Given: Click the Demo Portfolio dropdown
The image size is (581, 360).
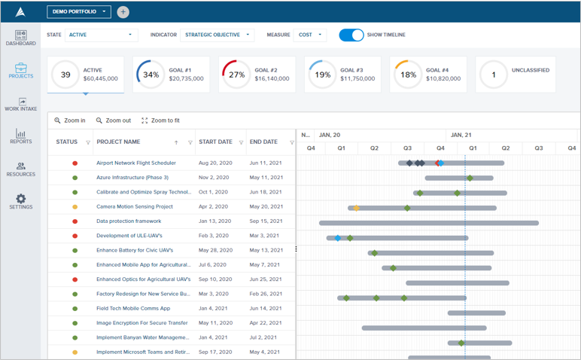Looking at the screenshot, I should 78,11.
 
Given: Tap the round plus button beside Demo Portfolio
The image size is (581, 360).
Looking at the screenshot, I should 123,11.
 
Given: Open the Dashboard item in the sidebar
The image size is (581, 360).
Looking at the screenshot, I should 21,38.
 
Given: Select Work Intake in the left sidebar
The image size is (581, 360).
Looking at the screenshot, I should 21,104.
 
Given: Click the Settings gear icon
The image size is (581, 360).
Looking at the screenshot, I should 21,200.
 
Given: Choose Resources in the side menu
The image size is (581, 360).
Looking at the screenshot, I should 21,169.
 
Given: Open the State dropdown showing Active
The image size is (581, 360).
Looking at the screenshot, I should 101,35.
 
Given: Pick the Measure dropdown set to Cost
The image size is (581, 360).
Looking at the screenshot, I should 310,35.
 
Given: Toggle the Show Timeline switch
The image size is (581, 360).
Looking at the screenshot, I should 351,35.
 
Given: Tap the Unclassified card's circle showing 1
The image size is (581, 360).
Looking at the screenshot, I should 494,75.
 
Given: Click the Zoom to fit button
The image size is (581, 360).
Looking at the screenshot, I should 160,121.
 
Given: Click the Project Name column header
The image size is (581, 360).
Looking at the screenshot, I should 118,142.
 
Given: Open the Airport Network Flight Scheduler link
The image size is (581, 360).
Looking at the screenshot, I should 135,163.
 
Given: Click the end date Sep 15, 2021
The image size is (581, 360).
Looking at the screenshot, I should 265,221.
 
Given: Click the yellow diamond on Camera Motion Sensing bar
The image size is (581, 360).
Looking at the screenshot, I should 356,208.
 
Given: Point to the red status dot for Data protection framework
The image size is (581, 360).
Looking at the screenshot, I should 75,221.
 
